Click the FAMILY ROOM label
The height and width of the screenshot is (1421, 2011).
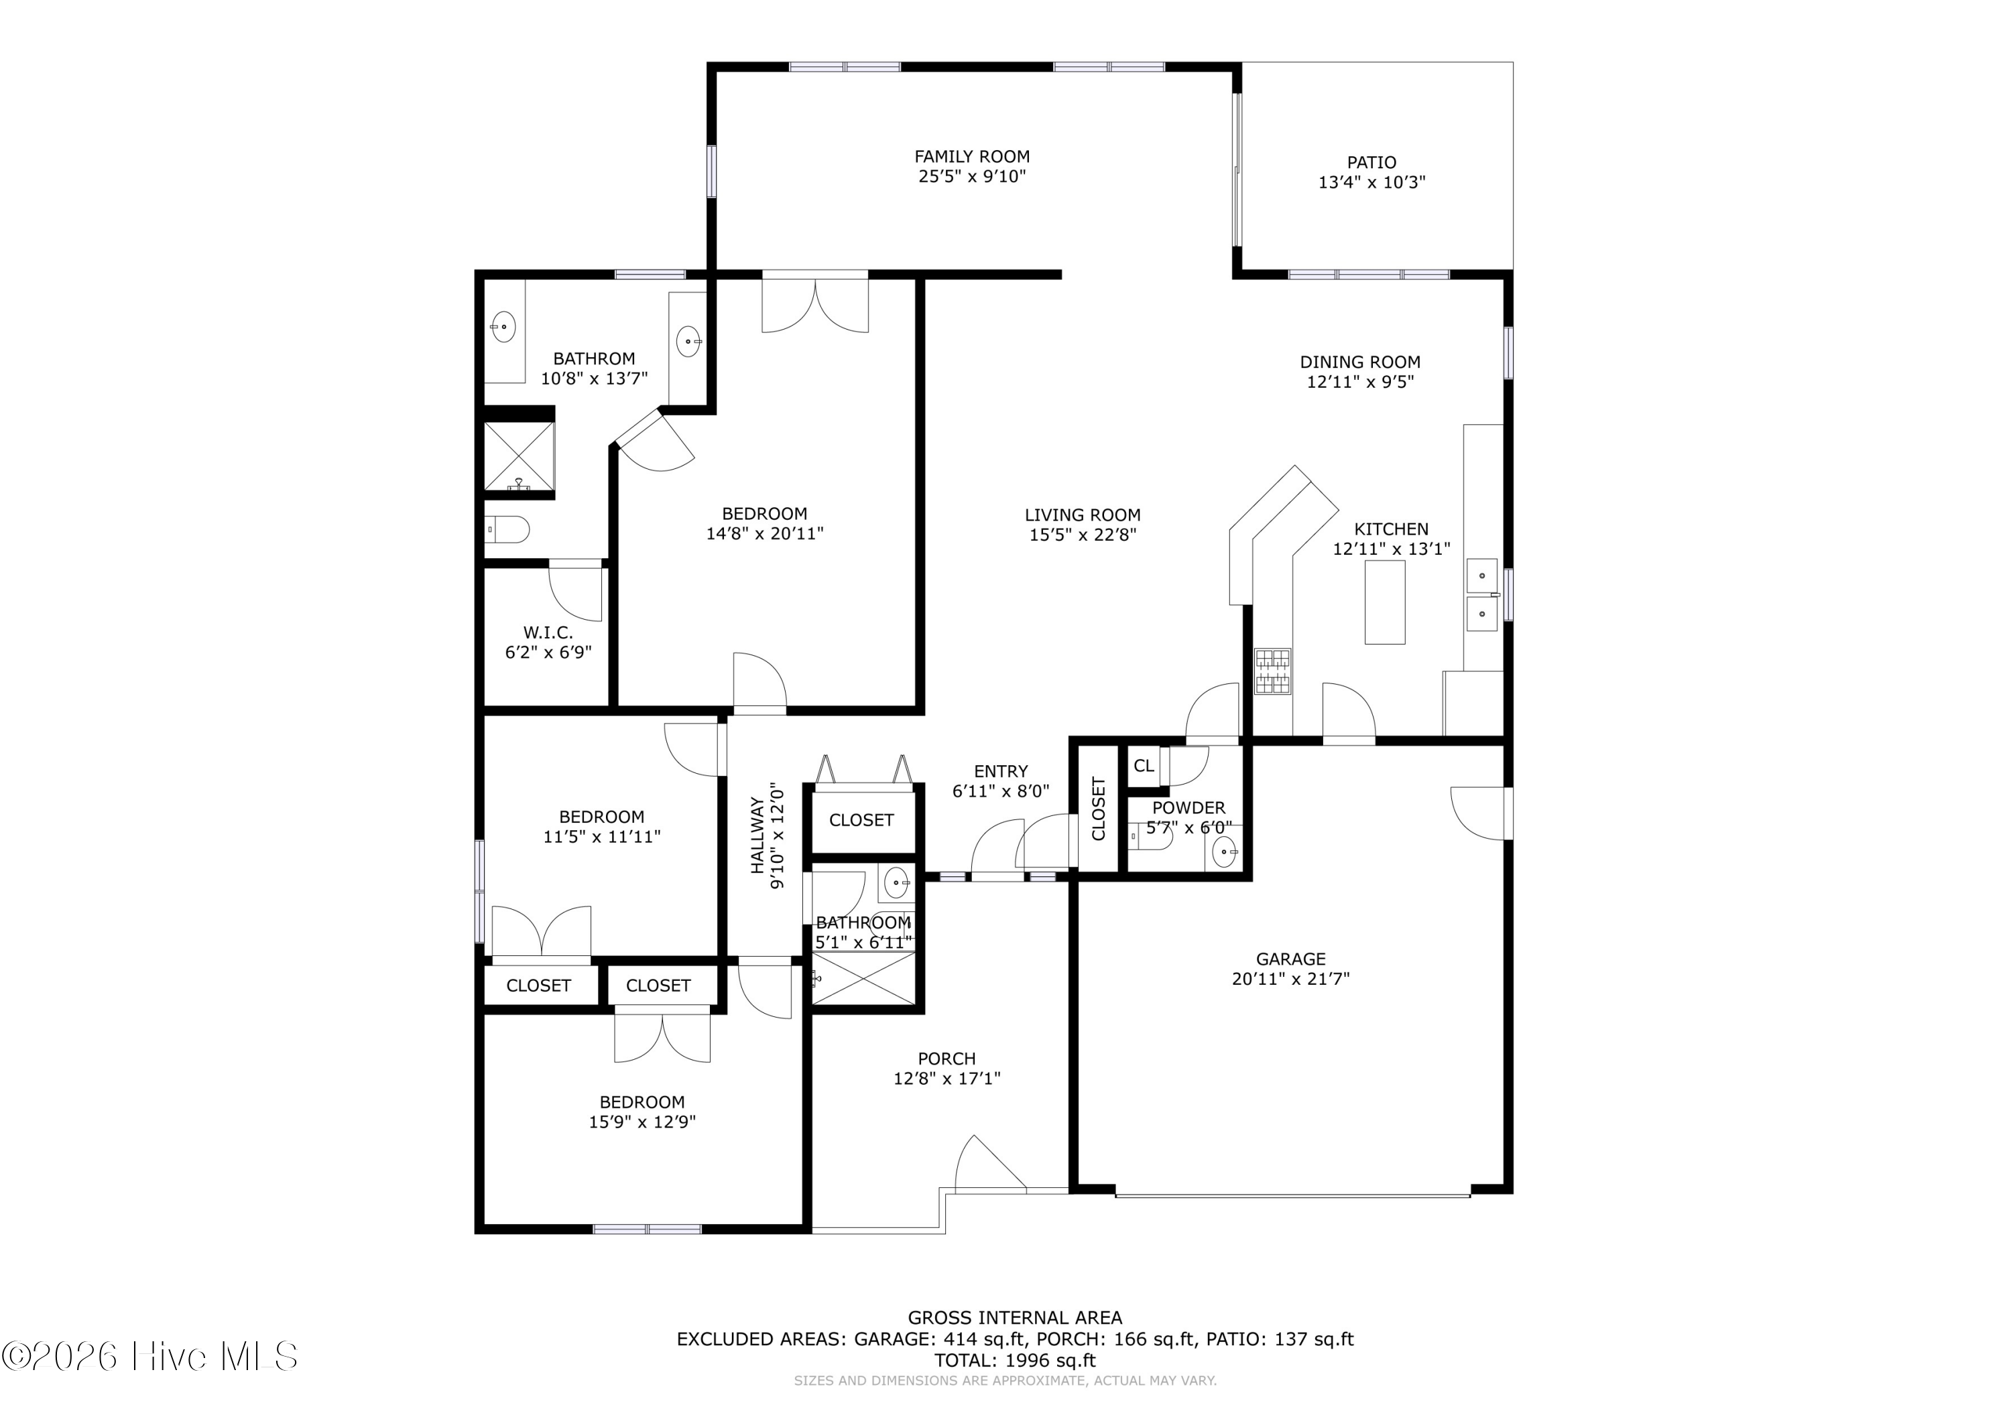(x=971, y=157)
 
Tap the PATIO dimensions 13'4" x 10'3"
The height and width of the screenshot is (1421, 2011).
(x=1372, y=182)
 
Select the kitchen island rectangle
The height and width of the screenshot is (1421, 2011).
(x=1385, y=602)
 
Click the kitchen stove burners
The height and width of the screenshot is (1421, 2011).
(x=1273, y=671)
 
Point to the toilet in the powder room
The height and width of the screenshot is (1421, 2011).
(x=1151, y=837)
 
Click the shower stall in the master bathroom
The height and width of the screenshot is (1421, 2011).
(x=520, y=457)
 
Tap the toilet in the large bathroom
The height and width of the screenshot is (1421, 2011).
(x=508, y=530)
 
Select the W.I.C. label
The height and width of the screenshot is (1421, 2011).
(x=548, y=632)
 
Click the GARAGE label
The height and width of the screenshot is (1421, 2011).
(x=1290, y=959)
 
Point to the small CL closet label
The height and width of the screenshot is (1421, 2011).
(x=1144, y=766)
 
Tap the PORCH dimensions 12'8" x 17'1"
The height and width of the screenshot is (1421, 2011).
(x=947, y=1079)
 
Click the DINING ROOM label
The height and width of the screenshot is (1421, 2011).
(x=1360, y=362)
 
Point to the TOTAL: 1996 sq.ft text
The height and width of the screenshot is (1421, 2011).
(x=1015, y=1361)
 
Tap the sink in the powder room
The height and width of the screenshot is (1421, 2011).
(x=1223, y=850)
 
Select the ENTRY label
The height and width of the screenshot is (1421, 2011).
(x=1000, y=771)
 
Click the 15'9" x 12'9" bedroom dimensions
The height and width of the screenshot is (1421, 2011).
(x=642, y=1122)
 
